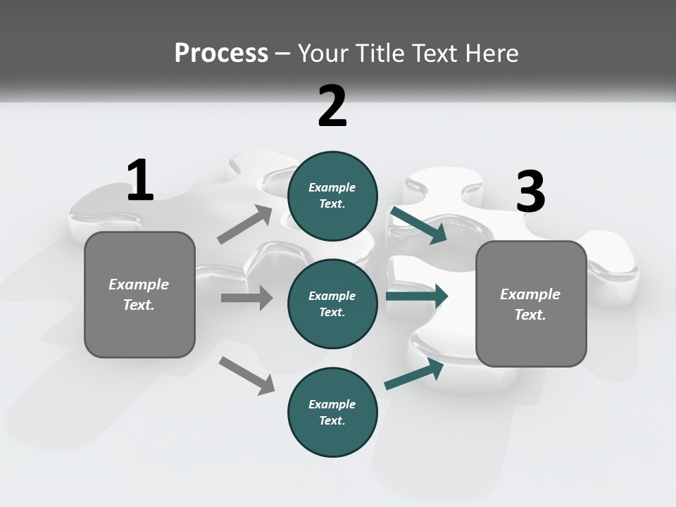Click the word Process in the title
(x=221, y=53)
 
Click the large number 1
(x=140, y=181)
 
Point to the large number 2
(x=332, y=106)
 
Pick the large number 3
(x=530, y=192)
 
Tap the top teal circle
(x=332, y=196)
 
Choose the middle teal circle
(x=332, y=303)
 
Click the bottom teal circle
(x=332, y=412)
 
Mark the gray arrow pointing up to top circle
(x=246, y=225)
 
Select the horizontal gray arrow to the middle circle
(x=247, y=298)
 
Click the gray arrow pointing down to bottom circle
(x=246, y=375)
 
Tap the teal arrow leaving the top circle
(x=418, y=225)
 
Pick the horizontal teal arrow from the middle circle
(x=417, y=296)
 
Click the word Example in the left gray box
(x=139, y=284)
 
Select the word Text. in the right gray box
(x=530, y=315)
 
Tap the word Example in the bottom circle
(x=332, y=404)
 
